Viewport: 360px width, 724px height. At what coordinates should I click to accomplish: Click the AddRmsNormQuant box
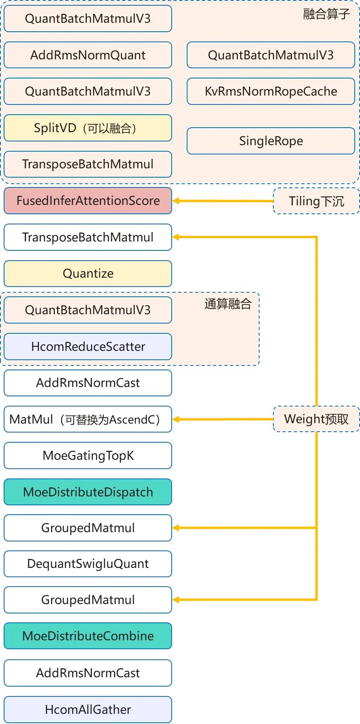[x=88, y=55]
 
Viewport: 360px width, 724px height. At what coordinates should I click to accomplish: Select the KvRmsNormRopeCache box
[x=271, y=91]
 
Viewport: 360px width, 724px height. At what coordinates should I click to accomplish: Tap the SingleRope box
[x=271, y=141]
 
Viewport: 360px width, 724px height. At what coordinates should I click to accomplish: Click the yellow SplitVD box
[x=88, y=128]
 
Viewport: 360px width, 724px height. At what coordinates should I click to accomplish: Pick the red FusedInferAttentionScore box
[x=88, y=201]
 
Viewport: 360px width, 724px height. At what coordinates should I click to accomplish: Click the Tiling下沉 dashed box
[x=316, y=201]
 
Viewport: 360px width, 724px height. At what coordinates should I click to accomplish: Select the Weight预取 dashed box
[x=316, y=419]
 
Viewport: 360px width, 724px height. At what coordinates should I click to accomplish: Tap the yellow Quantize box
[x=88, y=274]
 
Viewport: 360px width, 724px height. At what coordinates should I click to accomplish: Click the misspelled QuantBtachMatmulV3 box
[x=88, y=310]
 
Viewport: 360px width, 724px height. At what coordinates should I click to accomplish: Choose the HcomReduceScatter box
[x=88, y=347]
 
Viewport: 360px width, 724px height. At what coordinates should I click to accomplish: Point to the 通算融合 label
[x=228, y=304]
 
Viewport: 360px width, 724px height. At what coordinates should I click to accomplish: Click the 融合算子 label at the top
[x=326, y=14]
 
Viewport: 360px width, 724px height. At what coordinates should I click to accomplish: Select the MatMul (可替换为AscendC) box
[x=88, y=419]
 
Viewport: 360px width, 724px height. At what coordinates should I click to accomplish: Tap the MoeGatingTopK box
[x=88, y=456]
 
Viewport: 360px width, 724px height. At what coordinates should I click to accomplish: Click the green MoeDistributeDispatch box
[x=88, y=492]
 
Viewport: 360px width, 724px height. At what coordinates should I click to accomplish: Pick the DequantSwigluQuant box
[x=88, y=564]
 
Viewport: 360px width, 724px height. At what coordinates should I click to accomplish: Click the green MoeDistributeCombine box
[x=88, y=636]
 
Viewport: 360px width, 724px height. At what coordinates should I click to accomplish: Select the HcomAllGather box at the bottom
[x=88, y=710]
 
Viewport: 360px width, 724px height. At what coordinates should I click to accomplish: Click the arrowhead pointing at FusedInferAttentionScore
[x=176, y=201]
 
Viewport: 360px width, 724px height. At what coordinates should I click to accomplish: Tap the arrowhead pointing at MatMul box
[x=176, y=419]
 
